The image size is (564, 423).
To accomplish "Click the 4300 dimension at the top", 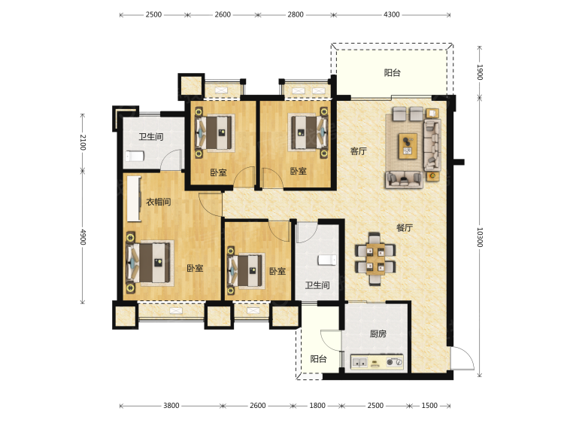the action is click(391, 14).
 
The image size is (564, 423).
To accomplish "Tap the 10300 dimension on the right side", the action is click(480, 237).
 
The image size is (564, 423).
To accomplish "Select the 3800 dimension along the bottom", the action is click(171, 406).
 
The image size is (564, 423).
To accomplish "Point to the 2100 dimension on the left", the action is click(83, 142).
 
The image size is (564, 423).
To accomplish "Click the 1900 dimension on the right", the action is click(480, 72).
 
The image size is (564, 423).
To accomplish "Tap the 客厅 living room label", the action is click(358, 151).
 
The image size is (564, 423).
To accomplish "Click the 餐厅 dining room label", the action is click(405, 227).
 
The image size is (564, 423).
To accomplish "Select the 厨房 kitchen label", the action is click(378, 334).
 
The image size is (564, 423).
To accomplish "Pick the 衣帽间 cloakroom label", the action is click(158, 202).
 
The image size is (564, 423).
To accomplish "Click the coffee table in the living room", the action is click(408, 146).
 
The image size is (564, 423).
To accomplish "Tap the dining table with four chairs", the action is click(375, 258).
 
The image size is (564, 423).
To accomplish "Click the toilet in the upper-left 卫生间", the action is click(135, 157).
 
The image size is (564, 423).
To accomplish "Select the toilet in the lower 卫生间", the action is click(327, 260).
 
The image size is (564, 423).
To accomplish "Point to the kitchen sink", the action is click(359, 362).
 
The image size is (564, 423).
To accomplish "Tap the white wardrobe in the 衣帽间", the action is click(134, 199).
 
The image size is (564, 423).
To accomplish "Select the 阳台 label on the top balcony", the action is click(392, 73).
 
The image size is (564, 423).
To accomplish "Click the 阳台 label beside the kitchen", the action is click(318, 358).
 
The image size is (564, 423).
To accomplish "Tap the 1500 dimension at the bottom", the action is click(429, 406).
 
